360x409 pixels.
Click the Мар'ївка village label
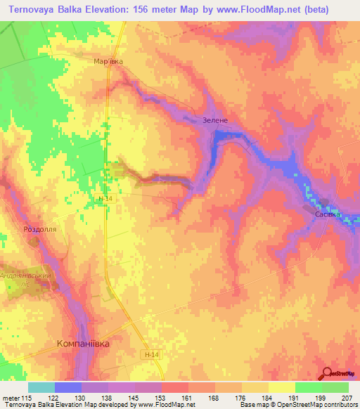pos(108,62)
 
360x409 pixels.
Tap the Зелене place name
pos(215,120)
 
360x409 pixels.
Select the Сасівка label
pos(328,214)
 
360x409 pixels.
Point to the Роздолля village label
pos(40,229)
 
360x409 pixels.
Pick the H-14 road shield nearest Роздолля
pos(105,199)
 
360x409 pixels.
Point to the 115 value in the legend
pos(26,398)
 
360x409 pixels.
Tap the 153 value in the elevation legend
pos(148,398)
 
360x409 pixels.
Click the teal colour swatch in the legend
pos(41,387)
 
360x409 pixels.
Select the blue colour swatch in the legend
pos(67,387)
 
